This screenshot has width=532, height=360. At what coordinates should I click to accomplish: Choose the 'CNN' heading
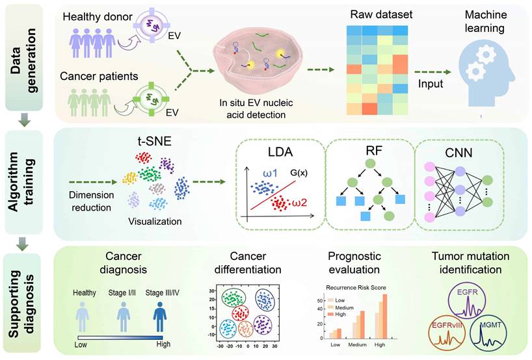[x=458, y=154]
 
